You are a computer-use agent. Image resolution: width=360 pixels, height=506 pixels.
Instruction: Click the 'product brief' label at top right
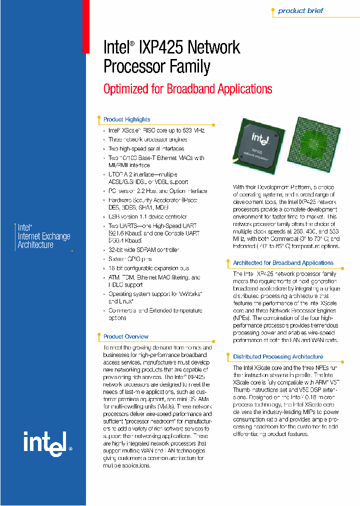(x=300, y=10)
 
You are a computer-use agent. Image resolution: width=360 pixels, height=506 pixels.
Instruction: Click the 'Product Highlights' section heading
(x=126, y=119)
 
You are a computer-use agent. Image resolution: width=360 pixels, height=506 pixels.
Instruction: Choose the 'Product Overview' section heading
(x=125, y=336)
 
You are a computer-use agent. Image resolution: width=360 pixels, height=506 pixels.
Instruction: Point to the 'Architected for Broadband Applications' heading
(x=283, y=262)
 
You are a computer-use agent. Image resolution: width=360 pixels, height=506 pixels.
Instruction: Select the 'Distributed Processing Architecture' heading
(x=278, y=356)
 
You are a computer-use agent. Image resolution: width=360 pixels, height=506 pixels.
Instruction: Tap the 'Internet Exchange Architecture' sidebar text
(x=43, y=236)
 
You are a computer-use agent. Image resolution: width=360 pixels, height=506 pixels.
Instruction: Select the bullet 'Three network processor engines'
(x=147, y=139)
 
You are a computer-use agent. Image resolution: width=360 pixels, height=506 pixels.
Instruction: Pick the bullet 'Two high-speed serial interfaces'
(x=146, y=148)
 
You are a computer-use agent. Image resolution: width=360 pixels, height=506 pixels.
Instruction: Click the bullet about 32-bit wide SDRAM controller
(x=143, y=249)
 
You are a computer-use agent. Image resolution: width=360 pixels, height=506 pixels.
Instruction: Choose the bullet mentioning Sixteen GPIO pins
(x=129, y=259)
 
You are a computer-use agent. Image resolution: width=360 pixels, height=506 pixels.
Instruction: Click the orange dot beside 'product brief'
(x=272, y=10)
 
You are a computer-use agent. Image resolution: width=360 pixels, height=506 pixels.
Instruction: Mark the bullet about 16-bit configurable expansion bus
(x=148, y=268)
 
